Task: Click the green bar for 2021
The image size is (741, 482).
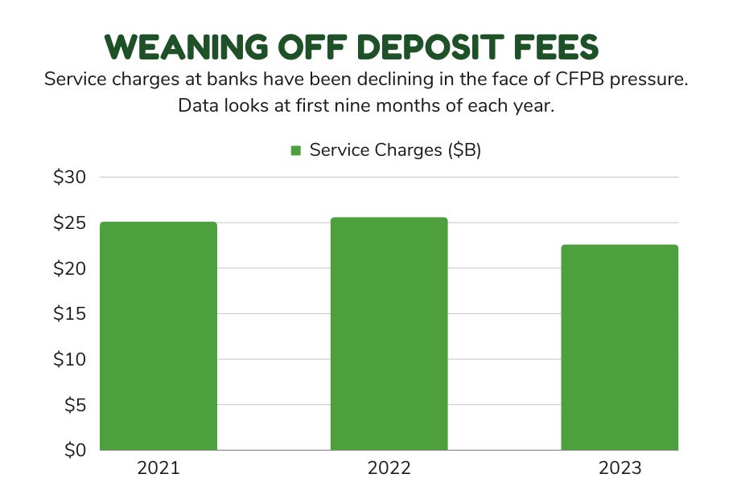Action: pos(158,336)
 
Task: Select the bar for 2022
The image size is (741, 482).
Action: pos(389,333)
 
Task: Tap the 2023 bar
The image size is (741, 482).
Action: pos(620,347)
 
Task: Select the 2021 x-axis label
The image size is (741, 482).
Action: pos(158,468)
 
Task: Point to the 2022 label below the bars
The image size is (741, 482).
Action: pos(389,468)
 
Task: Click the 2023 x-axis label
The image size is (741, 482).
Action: pos(620,468)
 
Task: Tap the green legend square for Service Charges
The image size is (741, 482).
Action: pos(295,150)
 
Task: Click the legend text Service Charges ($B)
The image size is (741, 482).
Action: pos(395,150)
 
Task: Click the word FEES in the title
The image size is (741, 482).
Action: pos(563,48)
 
